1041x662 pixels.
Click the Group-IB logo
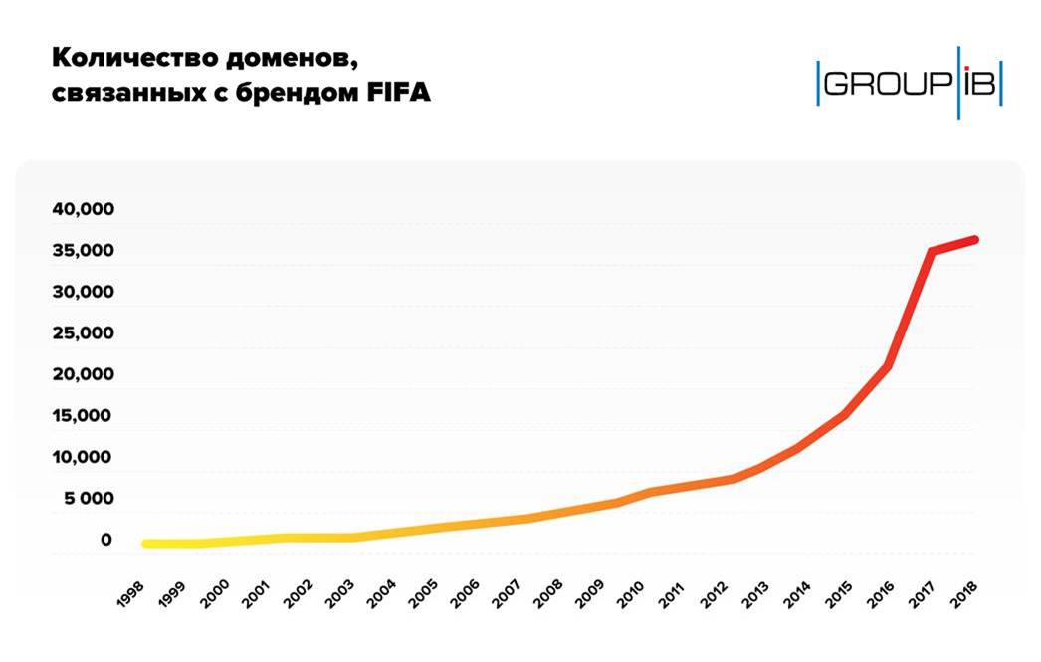(909, 83)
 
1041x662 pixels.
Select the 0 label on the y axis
(105, 541)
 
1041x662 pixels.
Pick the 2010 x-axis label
(638, 594)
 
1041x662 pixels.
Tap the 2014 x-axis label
(806, 594)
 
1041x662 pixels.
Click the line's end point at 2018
(974, 240)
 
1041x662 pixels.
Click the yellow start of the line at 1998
(147, 544)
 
